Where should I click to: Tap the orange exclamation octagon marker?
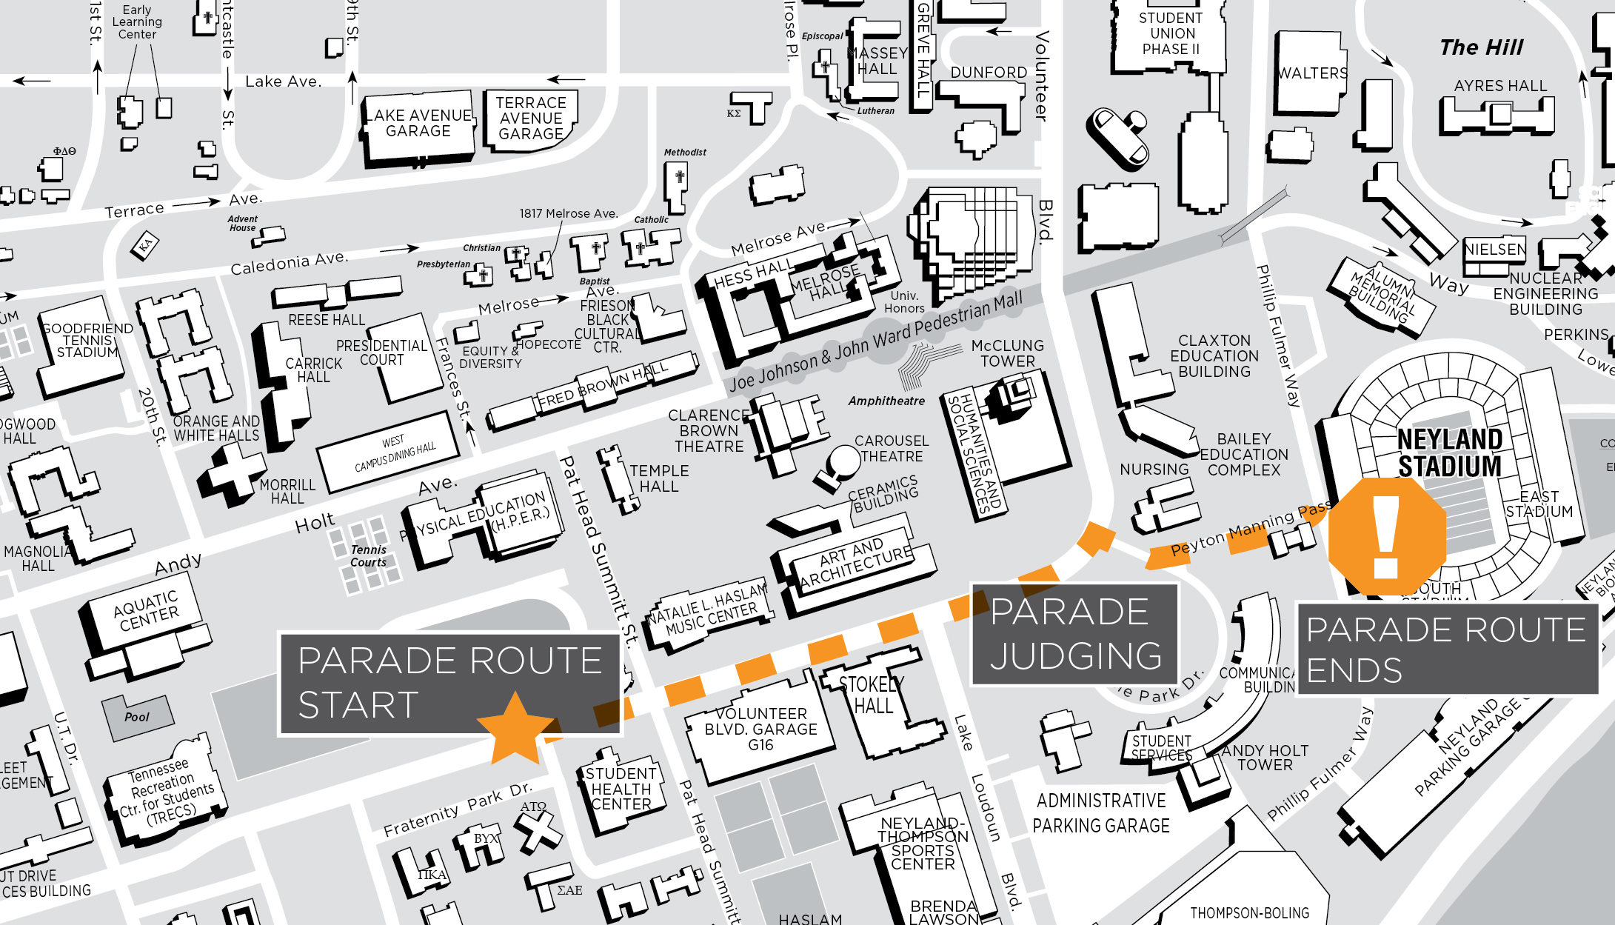pyautogui.click(x=1386, y=536)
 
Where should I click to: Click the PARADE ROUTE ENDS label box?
pyautogui.click(x=1446, y=649)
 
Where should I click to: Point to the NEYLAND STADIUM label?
pyautogui.click(x=1449, y=453)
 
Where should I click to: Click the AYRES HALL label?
pyautogui.click(x=1500, y=86)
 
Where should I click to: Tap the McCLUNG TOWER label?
pyautogui.click(x=1007, y=353)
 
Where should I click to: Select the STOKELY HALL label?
pyautogui.click(x=872, y=695)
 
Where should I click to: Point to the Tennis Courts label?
pyautogui.click(x=369, y=555)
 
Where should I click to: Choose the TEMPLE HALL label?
pyautogui.click(x=658, y=478)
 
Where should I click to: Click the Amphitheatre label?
pyautogui.click(x=886, y=401)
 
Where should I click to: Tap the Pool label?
pyautogui.click(x=137, y=717)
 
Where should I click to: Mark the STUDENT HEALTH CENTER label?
pyautogui.click(x=621, y=789)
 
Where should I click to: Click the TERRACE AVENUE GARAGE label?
pyautogui.click(x=531, y=118)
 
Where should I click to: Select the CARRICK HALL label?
pyautogui.click(x=314, y=370)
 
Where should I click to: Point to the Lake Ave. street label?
pyautogui.click(x=283, y=81)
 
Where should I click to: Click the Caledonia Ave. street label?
pyautogui.click(x=289, y=263)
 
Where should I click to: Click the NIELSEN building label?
pyautogui.click(x=1495, y=250)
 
